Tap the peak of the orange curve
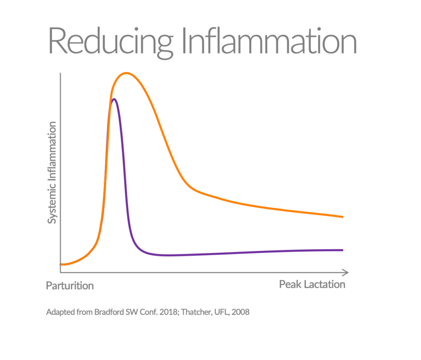(x=126, y=73)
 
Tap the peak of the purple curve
(x=113, y=99)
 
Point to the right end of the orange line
(x=342, y=216)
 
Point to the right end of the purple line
(x=342, y=250)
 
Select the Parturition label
(x=70, y=286)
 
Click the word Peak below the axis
(x=290, y=285)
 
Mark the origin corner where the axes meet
(x=60, y=272)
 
